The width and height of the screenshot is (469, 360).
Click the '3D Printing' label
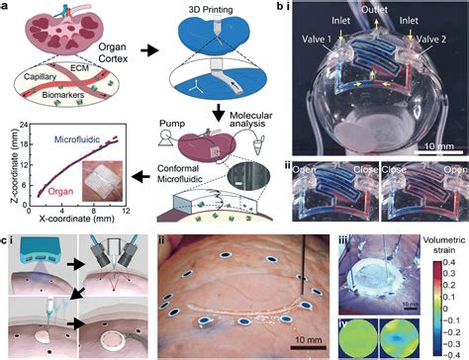tap(202, 9)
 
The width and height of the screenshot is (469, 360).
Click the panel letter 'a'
tap(7, 7)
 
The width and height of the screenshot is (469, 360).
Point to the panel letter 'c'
tap(7, 238)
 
